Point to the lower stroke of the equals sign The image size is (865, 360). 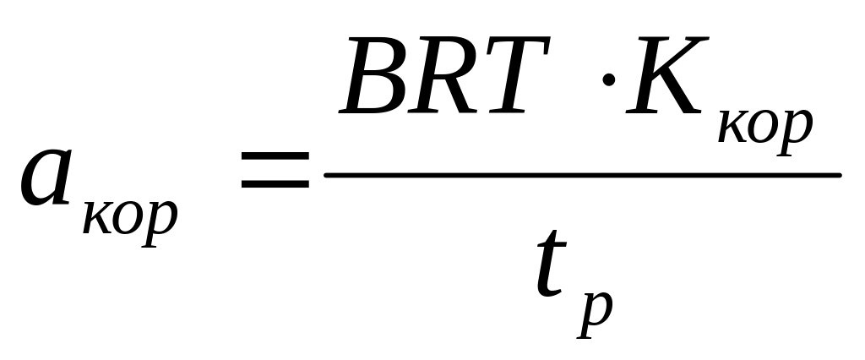click(275, 184)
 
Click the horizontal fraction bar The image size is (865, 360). click(582, 175)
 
